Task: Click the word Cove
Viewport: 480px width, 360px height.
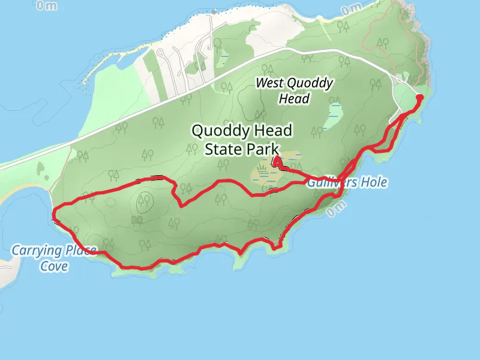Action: pos(54,265)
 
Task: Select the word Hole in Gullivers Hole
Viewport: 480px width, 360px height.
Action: pos(374,182)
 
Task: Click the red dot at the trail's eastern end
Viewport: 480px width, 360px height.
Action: pos(419,97)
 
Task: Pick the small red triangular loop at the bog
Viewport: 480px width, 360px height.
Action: pos(278,162)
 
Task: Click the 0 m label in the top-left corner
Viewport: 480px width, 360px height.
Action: pos(47,5)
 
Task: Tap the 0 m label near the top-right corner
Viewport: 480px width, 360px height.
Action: pos(351,10)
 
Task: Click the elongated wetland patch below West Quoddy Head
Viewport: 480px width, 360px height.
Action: pos(333,116)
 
